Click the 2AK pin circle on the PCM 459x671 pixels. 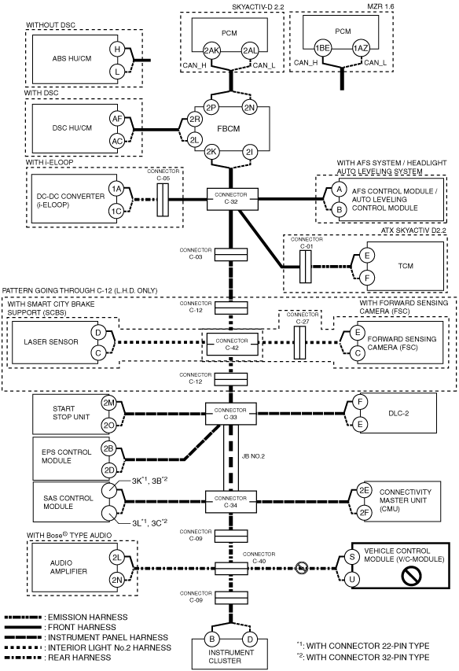click(211, 50)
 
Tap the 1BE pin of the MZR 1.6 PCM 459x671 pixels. click(322, 48)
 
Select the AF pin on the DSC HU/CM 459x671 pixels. click(117, 119)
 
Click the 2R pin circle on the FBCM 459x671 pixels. click(195, 120)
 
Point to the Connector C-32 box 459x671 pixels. click(233, 198)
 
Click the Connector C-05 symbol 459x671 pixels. click(163, 200)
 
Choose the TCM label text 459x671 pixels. click(406, 266)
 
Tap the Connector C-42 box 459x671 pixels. click(232, 344)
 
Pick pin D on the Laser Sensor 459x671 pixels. click(98, 333)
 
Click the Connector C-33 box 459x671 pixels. click(231, 414)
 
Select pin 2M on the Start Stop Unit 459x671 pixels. click(108, 403)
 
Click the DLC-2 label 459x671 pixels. click(398, 414)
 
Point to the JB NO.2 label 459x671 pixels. click(253, 456)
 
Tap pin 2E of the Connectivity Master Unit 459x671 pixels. click(364, 490)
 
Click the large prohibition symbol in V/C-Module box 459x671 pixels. click(412, 575)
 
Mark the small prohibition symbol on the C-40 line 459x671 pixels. click(301, 568)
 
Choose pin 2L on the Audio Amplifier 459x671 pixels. click(116, 557)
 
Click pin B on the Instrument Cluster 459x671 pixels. click(211, 640)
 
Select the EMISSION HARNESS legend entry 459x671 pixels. click(66, 617)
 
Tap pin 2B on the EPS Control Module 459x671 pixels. click(108, 448)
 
